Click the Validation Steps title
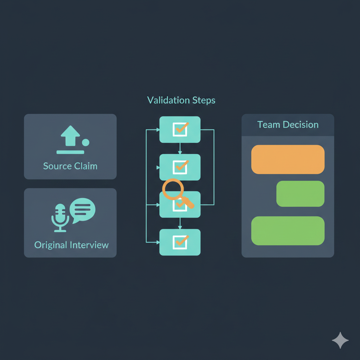(x=181, y=100)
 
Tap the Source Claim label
(x=70, y=166)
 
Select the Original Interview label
(x=71, y=245)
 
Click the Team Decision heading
(x=288, y=124)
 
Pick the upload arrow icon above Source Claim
(x=70, y=136)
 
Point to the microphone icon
(x=60, y=217)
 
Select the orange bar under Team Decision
(x=288, y=159)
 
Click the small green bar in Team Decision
(x=300, y=194)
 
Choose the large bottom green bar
(x=288, y=231)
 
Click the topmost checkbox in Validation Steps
(x=180, y=130)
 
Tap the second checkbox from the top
(x=180, y=167)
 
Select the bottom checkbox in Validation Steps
(x=180, y=242)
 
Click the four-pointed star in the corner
(x=340, y=340)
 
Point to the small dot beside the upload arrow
(x=85, y=142)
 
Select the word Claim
(x=85, y=166)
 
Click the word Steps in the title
(x=204, y=100)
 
